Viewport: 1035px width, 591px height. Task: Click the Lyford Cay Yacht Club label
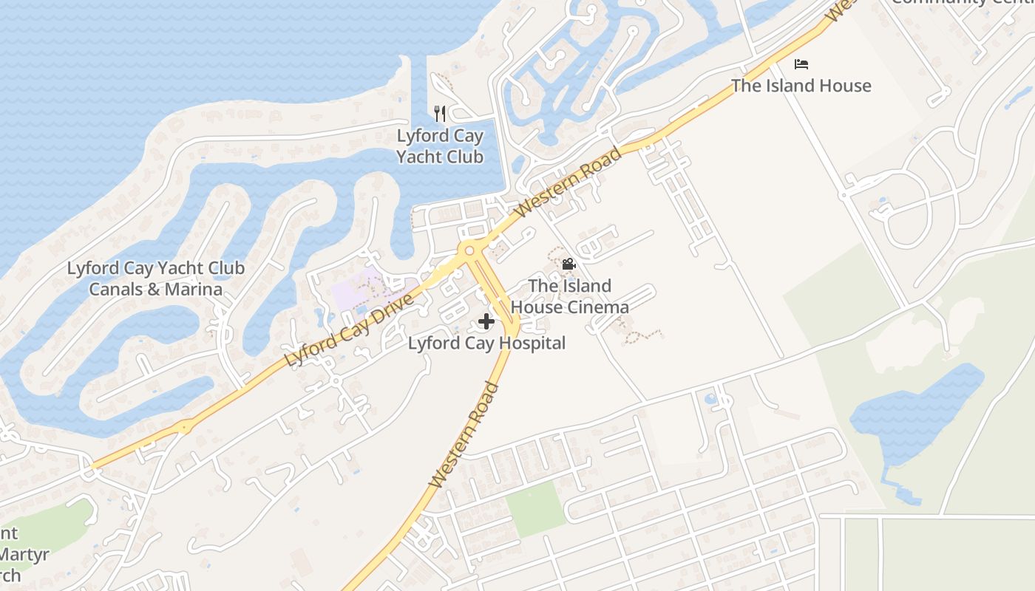440,146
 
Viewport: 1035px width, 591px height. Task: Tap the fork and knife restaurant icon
440,114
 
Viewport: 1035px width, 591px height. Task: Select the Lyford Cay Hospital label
486,344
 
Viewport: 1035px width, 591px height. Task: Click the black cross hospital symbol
486,321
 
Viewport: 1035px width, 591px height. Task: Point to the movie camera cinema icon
569,264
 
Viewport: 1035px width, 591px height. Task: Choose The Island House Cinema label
570,296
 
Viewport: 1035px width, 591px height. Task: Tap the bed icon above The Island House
801,64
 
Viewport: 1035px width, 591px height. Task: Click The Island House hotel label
801,86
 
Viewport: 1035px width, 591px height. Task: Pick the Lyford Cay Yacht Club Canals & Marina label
155,279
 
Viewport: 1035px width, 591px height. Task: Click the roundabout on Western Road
469,251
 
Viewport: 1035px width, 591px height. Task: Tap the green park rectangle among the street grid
537,508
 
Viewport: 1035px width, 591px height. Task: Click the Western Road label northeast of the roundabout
568,182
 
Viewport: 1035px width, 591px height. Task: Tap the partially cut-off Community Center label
961,2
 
